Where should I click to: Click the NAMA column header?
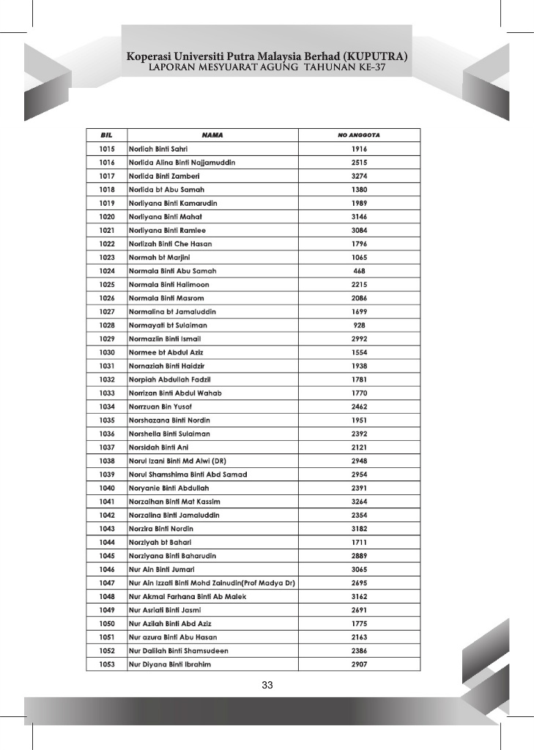(x=212, y=135)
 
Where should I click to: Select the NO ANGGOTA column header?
(x=359, y=135)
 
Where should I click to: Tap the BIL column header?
(x=107, y=135)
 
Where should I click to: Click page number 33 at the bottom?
(x=267, y=686)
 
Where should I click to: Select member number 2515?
(x=359, y=162)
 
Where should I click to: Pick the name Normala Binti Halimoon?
(x=169, y=284)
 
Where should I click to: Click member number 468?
(x=359, y=271)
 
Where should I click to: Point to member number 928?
(x=359, y=325)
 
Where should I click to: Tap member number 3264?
(x=359, y=502)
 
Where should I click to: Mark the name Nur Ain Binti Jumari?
(x=161, y=569)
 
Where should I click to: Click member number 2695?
(x=359, y=583)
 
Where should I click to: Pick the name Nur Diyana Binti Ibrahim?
(x=170, y=664)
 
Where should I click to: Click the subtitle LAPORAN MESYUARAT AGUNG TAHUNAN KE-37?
(x=267, y=67)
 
